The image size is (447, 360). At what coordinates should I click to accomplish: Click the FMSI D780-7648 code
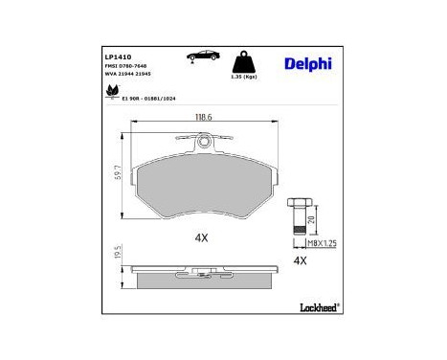point(126,67)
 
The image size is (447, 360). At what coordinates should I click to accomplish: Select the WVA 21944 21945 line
point(128,76)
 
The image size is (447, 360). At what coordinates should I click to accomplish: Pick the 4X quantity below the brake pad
point(201,236)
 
